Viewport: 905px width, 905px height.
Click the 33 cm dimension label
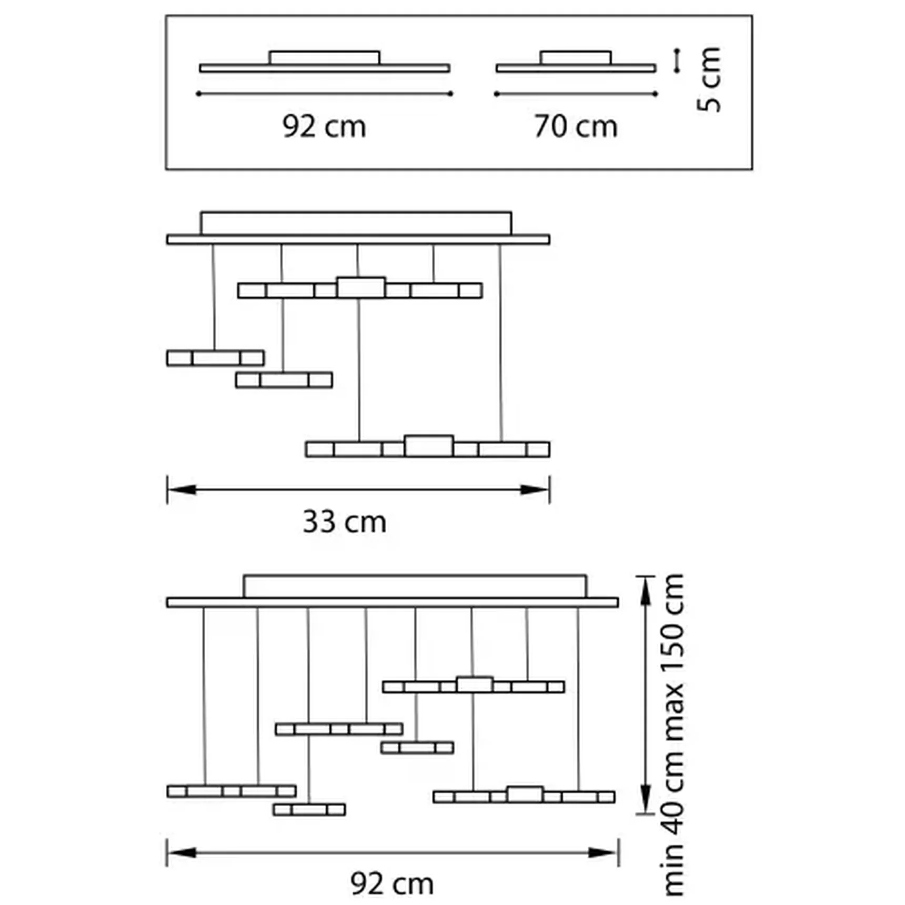[x=344, y=522]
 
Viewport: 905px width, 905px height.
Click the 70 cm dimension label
[x=576, y=127]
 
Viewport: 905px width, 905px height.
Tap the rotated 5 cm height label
[x=709, y=79]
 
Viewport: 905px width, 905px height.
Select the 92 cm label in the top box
[x=324, y=127]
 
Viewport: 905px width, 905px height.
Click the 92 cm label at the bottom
[x=392, y=883]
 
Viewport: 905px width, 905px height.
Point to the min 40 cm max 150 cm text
[x=673, y=735]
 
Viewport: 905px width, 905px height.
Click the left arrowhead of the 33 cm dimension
[x=182, y=490]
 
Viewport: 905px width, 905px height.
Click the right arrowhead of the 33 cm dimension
[x=535, y=490]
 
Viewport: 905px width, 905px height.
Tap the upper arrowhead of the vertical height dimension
[x=646, y=591]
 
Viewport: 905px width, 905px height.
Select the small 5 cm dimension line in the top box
[x=678, y=60]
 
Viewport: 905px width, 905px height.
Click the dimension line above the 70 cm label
[x=576, y=94]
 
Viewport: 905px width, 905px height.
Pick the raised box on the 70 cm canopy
[x=576, y=58]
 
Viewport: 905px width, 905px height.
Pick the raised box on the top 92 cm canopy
[x=324, y=58]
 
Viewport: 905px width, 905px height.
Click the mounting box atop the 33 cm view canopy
[x=356, y=224]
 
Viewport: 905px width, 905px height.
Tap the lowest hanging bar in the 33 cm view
[x=428, y=447]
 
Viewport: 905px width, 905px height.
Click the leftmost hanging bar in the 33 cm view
[x=215, y=358]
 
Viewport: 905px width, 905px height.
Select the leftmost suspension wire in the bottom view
[x=204, y=696]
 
